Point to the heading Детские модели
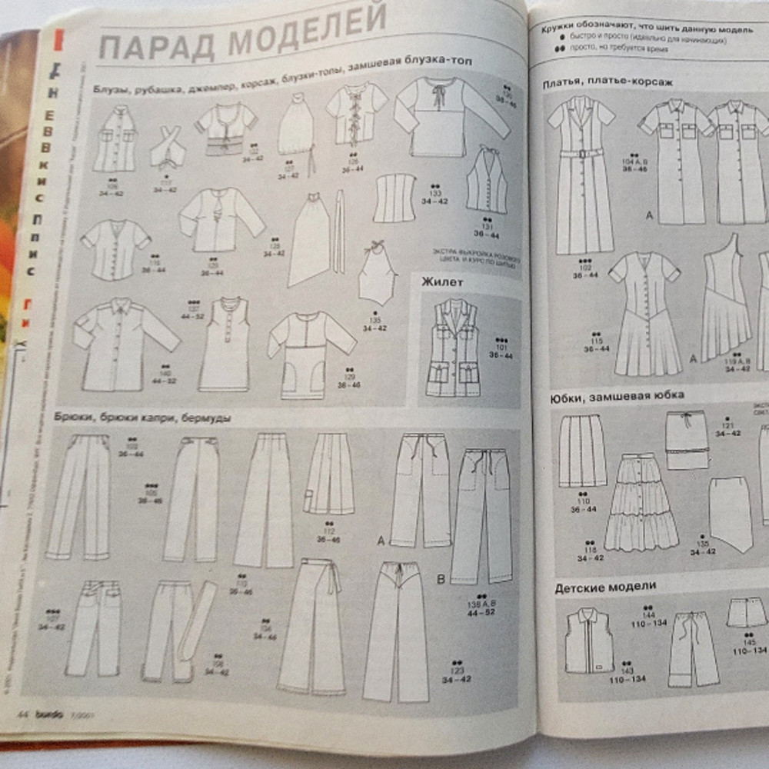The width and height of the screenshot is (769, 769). [x=606, y=587]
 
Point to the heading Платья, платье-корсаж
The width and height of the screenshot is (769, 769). [x=597, y=84]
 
